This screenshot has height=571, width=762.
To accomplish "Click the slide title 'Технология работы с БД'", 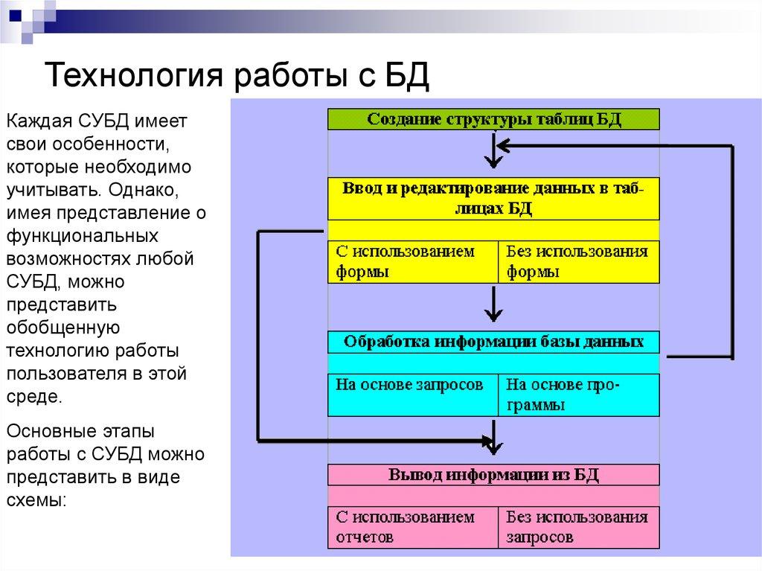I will pos(238,74).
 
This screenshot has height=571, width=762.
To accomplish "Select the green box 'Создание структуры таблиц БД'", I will pos(493,120).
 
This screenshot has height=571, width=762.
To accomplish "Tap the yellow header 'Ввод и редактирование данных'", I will pos(493,197).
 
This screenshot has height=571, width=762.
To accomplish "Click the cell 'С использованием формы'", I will pos(412,261).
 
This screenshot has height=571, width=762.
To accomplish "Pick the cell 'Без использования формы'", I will pos(577,261).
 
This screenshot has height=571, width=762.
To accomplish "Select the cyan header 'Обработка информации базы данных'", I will pos(493,342).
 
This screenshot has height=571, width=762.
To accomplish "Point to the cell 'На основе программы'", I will pos(577,395).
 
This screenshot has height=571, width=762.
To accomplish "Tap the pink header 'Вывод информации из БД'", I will pos(493,475).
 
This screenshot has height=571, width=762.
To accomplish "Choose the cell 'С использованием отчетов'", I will pos(412,526).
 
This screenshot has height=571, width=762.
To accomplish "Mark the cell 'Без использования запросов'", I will pos(577,526).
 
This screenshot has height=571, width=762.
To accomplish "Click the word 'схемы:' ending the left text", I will pos(37,501).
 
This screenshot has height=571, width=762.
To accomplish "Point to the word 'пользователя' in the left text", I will pos(60,374).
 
